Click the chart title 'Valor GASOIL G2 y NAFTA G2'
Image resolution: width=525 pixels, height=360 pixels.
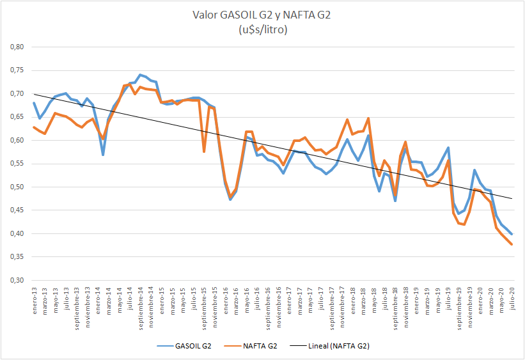(262, 15)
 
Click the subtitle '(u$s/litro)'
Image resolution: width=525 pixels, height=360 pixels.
(262, 30)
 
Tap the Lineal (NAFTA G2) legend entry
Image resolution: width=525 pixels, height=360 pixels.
(332, 346)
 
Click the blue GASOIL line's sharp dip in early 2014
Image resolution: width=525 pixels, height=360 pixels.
(103, 155)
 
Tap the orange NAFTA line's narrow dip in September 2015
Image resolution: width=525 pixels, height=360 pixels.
(204, 152)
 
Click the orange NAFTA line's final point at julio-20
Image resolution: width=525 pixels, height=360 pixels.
(512, 244)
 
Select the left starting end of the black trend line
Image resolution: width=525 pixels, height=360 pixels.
(35, 94)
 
